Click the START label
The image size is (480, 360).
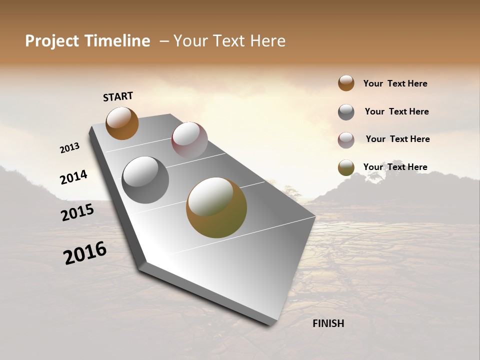(x=118, y=96)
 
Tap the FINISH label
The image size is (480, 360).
(x=328, y=323)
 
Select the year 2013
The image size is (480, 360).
(x=69, y=148)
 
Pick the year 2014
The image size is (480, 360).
(x=73, y=177)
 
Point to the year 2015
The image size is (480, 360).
(x=77, y=212)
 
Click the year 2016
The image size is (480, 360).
(x=85, y=253)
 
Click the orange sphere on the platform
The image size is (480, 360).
(x=122, y=123)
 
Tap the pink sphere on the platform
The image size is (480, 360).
(x=189, y=140)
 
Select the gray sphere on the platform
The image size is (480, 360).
(x=145, y=180)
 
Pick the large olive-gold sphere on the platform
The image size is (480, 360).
(x=216, y=207)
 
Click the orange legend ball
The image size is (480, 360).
(x=346, y=83)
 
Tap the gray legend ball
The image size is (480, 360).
(x=346, y=112)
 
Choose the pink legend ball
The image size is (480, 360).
(x=346, y=140)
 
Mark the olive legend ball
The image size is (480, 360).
(x=346, y=167)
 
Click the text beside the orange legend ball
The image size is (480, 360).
(x=395, y=83)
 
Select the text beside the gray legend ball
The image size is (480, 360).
(x=396, y=111)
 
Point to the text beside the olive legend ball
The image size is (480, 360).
(x=395, y=167)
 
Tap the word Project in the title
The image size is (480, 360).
(x=52, y=41)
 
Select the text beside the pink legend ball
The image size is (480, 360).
(x=397, y=139)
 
